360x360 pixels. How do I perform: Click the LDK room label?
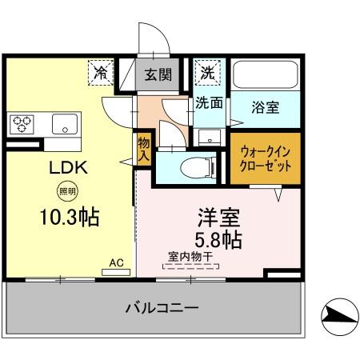(x=63, y=169)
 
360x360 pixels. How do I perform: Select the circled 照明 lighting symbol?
(x=64, y=191)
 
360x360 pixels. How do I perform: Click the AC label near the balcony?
(x=116, y=262)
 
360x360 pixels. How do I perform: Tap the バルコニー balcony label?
(x=161, y=307)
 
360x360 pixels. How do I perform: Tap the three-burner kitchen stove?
(x=22, y=124)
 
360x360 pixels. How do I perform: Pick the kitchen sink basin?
(x=62, y=124)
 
